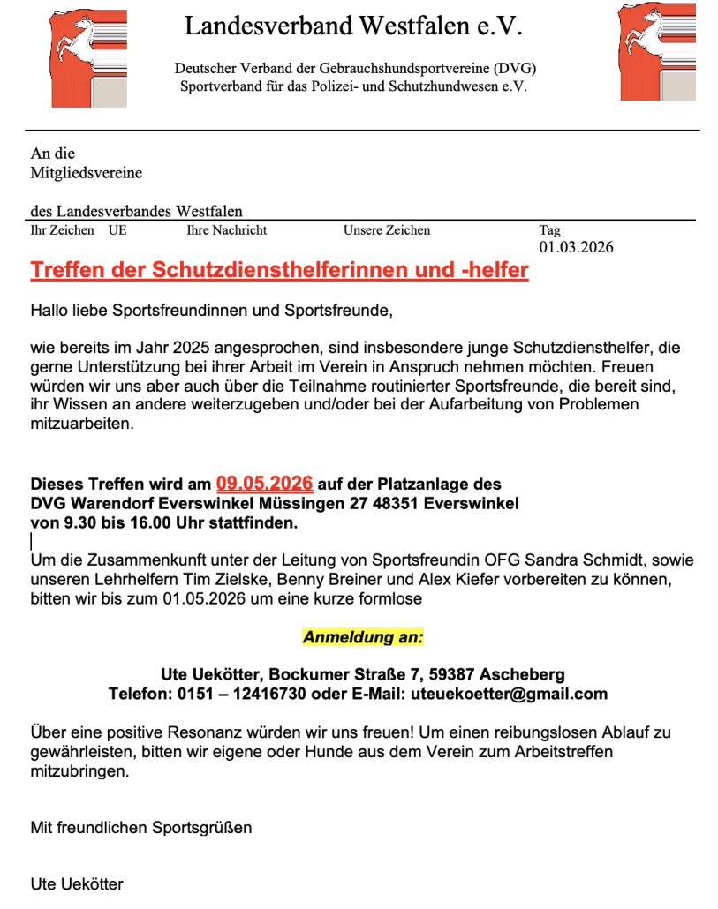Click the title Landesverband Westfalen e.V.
(x=353, y=26)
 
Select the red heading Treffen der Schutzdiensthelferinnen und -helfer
(x=279, y=270)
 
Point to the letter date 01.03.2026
(x=576, y=247)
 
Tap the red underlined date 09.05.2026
(x=265, y=484)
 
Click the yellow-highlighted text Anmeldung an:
(x=363, y=636)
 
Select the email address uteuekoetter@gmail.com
(x=509, y=694)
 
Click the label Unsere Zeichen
(x=387, y=230)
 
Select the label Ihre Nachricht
(x=227, y=230)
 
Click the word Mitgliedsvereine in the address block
(x=87, y=173)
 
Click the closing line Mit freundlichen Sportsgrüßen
(x=141, y=828)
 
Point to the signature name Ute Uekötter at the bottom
(x=77, y=884)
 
